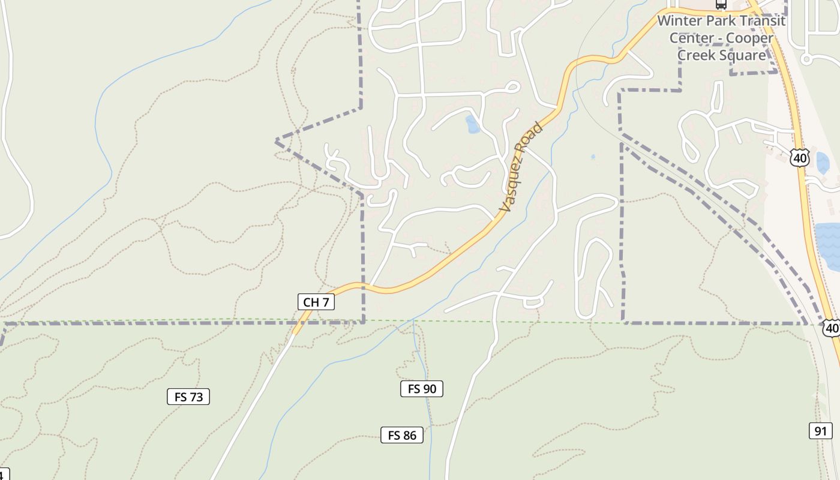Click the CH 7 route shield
pos(316,302)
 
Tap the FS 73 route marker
pos(188,397)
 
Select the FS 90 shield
pos(422,389)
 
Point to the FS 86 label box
pos(402,435)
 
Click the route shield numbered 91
pos(820,431)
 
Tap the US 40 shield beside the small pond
pos(800,158)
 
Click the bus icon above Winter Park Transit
pos(721,4)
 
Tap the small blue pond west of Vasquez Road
pos(472,125)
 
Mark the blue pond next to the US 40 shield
pos(822,163)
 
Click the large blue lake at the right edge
pos(829,246)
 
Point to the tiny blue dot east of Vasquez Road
pos(593,157)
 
